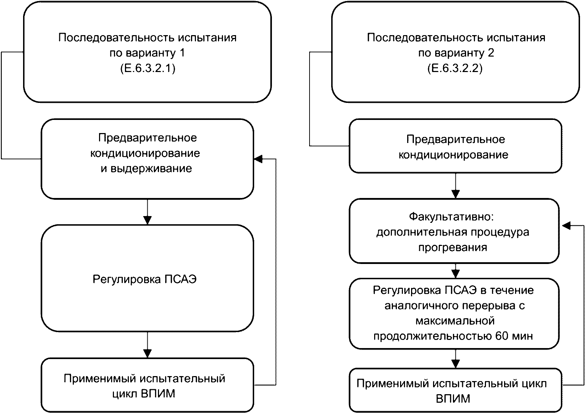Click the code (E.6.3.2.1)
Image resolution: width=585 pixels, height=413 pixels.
point(148,68)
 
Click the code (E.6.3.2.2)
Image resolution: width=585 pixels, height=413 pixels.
point(455,68)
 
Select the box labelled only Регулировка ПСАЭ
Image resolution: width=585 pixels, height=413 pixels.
point(147,278)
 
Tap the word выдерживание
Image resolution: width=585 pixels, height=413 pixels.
point(151,169)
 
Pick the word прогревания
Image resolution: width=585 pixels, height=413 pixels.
point(453,247)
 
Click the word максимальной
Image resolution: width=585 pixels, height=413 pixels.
point(455,321)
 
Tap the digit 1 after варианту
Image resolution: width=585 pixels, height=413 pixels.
point(182,53)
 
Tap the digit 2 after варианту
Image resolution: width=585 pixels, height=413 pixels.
point(491,53)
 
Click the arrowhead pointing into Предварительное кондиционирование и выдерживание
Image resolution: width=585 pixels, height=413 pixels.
point(258,159)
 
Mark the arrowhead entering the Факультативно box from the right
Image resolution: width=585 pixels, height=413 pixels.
point(566,226)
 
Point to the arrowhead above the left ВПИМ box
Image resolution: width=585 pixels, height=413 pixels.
point(148,353)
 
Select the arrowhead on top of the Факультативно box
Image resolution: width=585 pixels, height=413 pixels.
point(455,194)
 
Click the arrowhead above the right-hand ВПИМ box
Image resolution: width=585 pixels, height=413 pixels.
point(455,364)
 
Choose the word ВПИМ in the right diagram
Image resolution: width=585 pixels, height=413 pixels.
point(453,399)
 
